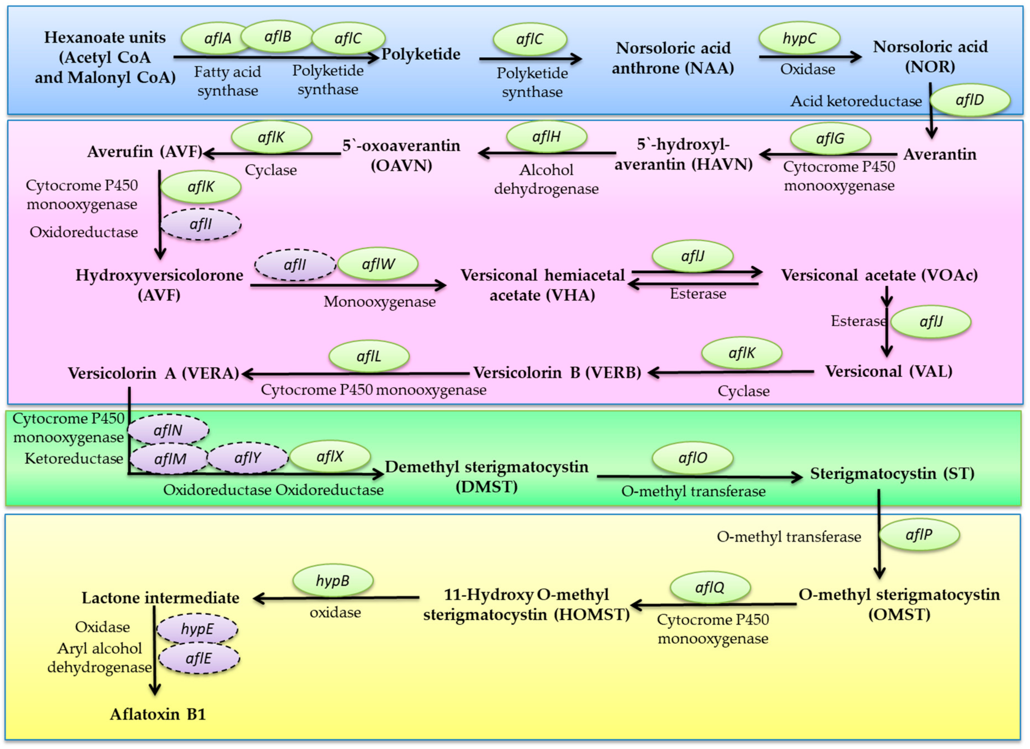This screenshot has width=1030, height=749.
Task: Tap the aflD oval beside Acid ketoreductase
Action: pos(970,100)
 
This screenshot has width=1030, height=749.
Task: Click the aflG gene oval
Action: pos(830,138)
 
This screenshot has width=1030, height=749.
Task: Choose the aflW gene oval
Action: pos(378,264)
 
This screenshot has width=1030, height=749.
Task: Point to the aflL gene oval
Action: pos(369,356)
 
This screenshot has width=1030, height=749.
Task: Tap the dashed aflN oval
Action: pos(168,430)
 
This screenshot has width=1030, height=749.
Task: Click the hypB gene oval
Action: pos(333,581)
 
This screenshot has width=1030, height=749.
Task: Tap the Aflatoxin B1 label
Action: pos(158,715)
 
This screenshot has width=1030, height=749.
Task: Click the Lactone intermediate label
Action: pos(160,598)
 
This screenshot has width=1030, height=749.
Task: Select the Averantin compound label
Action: pos(939,154)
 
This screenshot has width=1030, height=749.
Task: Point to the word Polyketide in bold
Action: pos(421,54)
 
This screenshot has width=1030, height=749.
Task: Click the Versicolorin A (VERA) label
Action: pos(153,373)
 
